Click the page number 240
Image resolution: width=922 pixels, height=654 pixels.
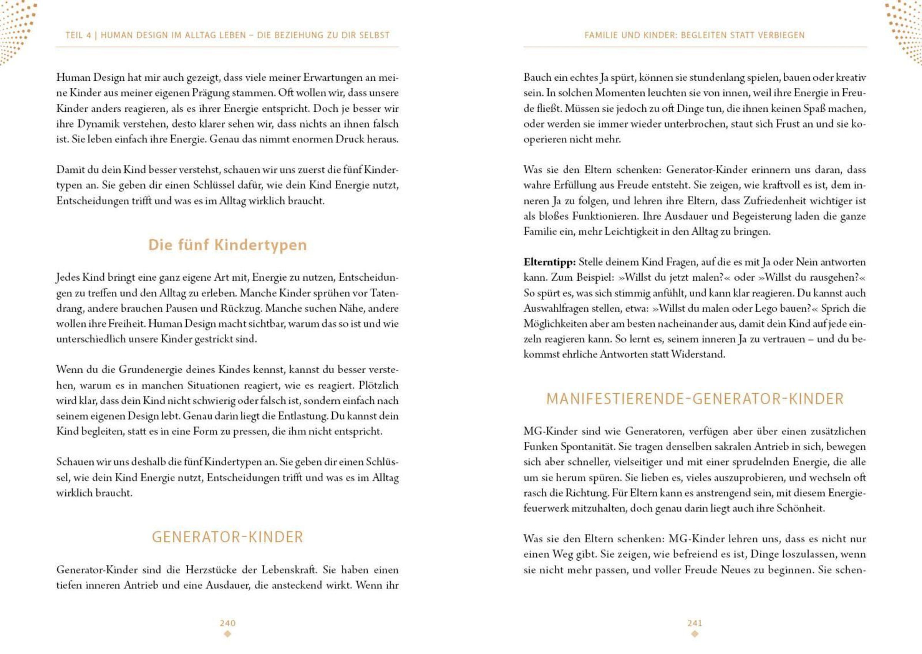(227, 623)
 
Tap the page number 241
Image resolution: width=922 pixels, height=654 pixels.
(695, 623)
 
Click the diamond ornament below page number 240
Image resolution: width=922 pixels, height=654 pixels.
(227, 634)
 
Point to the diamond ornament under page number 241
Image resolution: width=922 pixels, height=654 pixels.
(695, 634)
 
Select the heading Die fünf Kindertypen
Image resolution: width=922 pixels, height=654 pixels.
(227, 245)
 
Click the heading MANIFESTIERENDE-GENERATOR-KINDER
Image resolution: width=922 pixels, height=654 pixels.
(695, 399)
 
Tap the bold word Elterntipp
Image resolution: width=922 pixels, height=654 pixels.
(549, 262)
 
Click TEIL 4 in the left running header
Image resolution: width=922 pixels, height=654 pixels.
(78, 35)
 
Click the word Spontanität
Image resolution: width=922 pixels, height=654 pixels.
(588, 447)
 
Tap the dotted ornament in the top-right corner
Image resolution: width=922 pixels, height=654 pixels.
(906, 28)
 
